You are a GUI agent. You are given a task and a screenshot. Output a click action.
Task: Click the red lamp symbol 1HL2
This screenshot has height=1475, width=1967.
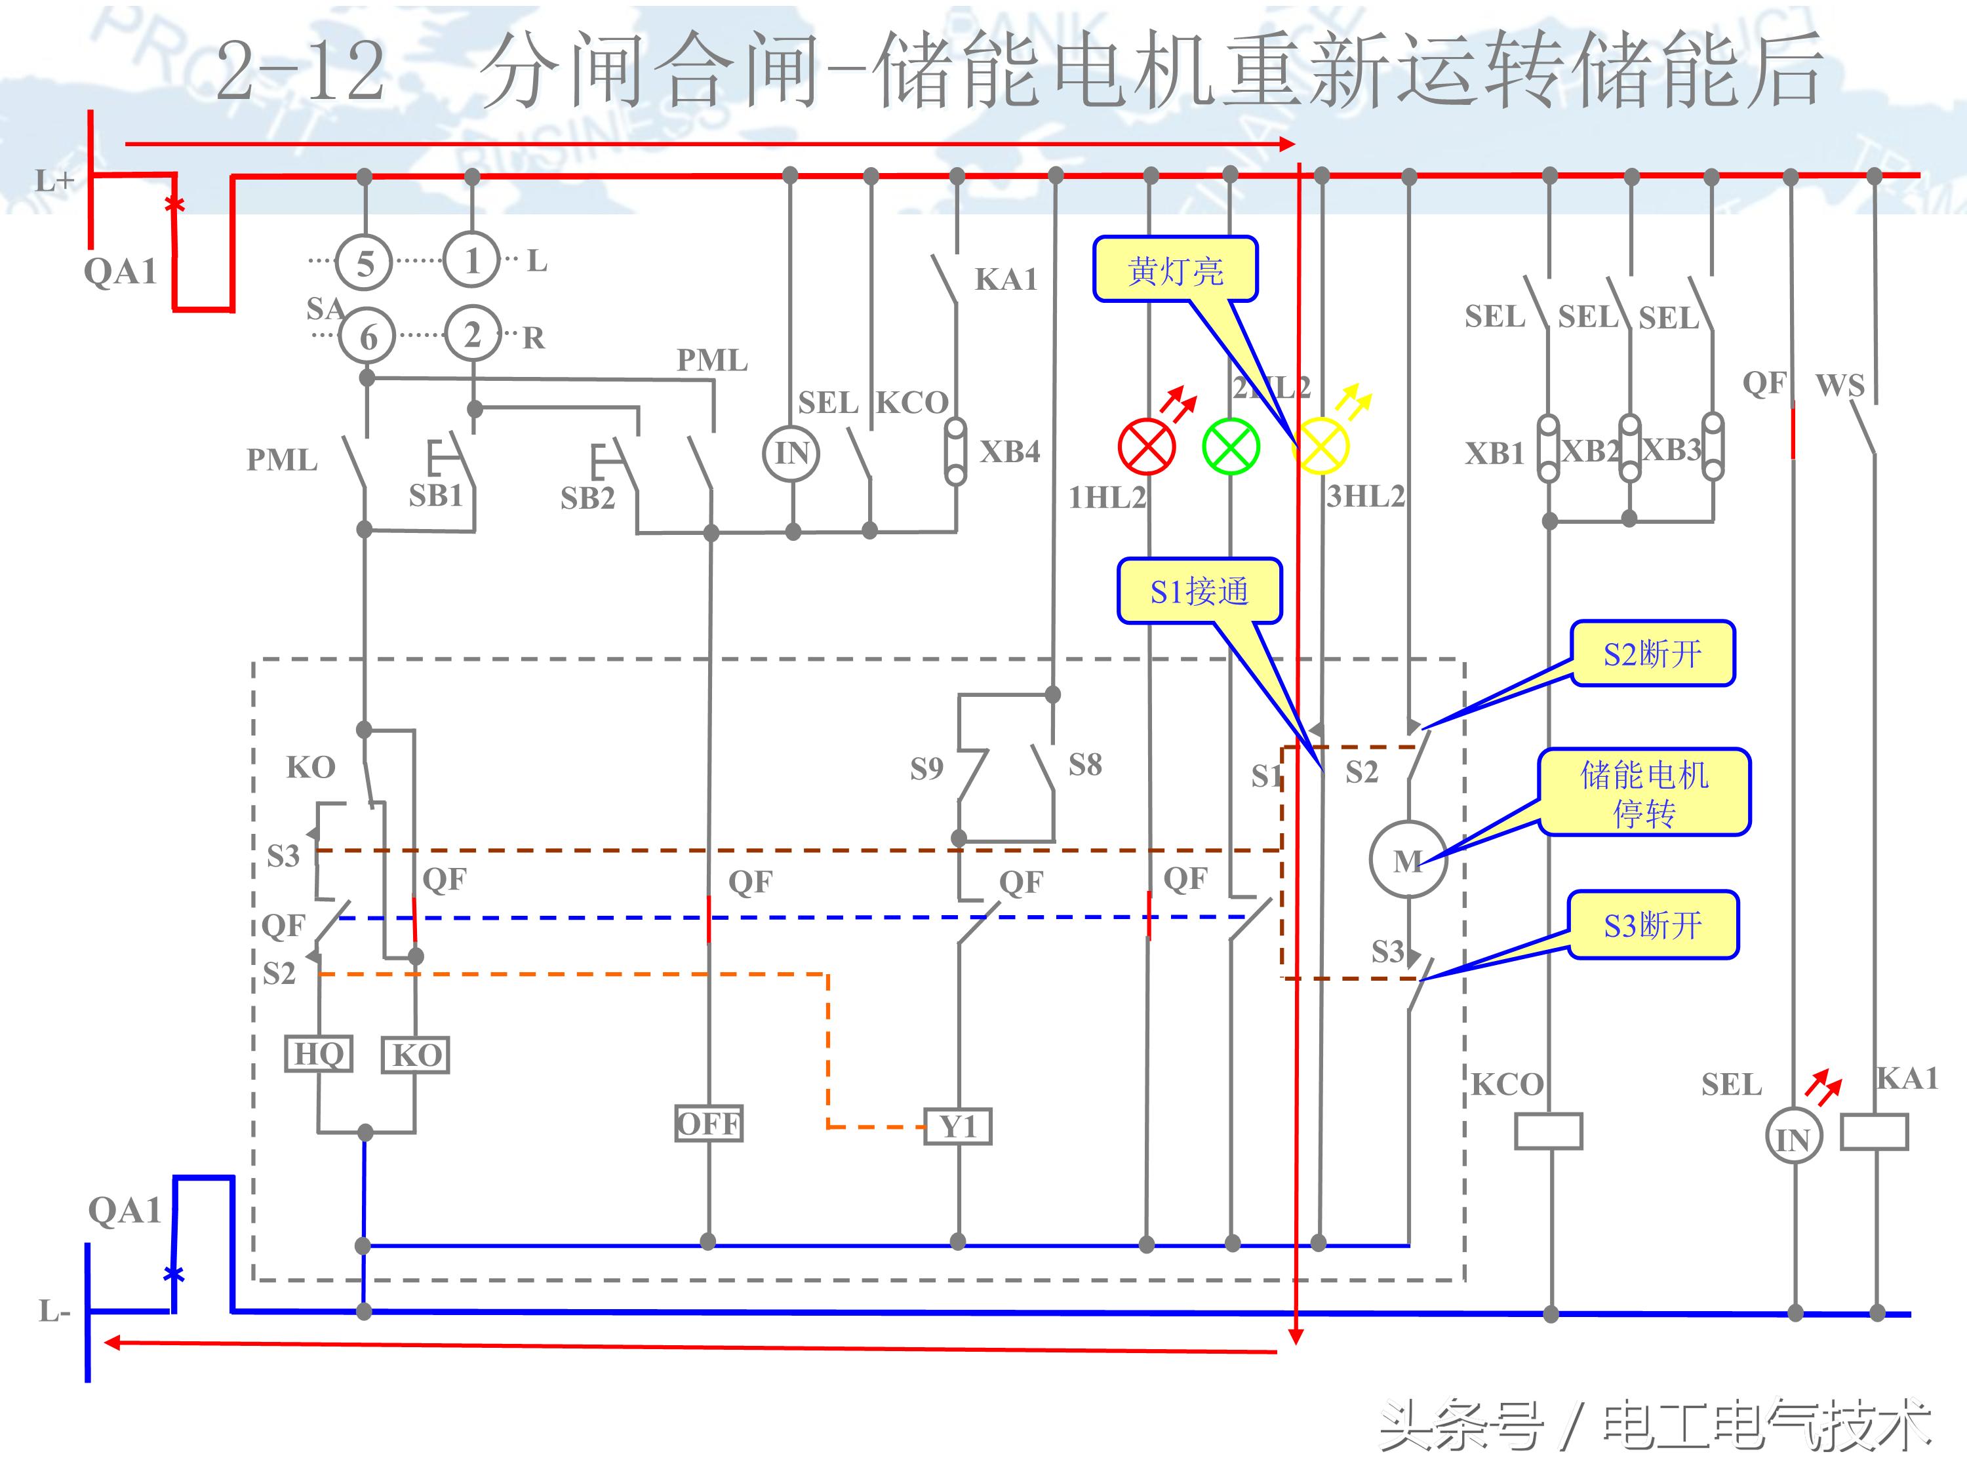pos(1146,446)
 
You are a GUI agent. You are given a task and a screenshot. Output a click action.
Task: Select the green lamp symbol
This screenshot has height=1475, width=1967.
pos(1231,446)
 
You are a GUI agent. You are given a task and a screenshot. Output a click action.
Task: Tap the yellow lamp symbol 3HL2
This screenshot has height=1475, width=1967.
pos(1321,446)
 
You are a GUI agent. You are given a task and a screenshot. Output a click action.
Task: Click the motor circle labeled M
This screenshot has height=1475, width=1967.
pos(1408,859)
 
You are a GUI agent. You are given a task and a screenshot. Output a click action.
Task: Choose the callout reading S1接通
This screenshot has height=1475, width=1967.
pos(1199,591)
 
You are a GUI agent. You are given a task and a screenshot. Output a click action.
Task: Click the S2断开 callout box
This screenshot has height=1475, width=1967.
pos(1652,654)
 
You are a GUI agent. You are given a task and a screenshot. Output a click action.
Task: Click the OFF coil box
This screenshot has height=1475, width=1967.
pos(708,1124)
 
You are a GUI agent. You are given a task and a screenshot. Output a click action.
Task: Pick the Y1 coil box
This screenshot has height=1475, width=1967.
pos(958,1126)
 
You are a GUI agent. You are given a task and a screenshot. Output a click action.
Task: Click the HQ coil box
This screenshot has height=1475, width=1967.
pos(319,1054)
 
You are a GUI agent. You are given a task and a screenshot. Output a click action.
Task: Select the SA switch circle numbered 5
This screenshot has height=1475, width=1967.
pos(365,263)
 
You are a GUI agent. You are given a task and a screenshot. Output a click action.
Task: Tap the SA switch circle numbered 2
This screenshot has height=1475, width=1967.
pos(472,334)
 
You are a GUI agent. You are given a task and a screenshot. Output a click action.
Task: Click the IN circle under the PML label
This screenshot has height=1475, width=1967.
pos(791,454)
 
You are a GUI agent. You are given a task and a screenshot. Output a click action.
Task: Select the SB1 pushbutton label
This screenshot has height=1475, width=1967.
pos(436,495)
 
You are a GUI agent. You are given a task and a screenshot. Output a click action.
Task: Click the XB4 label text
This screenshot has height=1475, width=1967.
pos(1009,452)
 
